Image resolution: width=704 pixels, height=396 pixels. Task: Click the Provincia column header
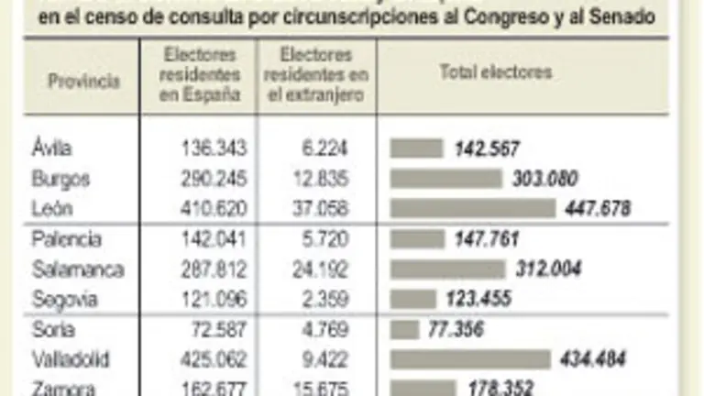tap(83, 81)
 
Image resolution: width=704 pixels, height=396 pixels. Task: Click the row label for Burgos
tap(60, 178)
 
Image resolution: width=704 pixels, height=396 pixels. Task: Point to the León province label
tap(51, 208)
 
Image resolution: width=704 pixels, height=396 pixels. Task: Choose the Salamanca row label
tap(77, 269)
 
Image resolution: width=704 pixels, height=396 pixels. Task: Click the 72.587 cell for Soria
tap(216, 329)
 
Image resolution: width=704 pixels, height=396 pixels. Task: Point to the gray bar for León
tap(473, 208)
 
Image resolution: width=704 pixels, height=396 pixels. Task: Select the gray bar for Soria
tap(404, 329)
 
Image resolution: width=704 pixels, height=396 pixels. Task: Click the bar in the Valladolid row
tap(470, 358)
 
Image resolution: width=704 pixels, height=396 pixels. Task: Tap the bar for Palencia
tap(416, 240)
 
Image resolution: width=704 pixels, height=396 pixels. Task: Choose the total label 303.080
tap(544, 178)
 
